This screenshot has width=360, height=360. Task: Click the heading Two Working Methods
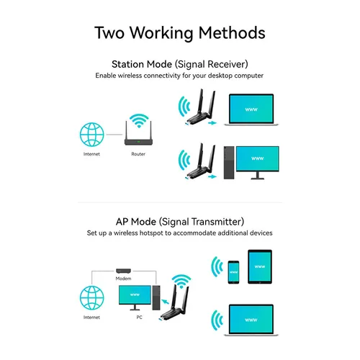[x=180, y=32]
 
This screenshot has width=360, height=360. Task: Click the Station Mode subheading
[x=180, y=64]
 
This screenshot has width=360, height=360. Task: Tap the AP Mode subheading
[x=180, y=221]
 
